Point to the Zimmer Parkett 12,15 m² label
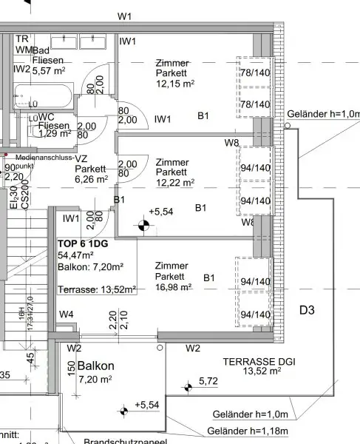click(174, 74)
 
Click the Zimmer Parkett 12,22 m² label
click(174, 172)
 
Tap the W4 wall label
click(67, 315)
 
